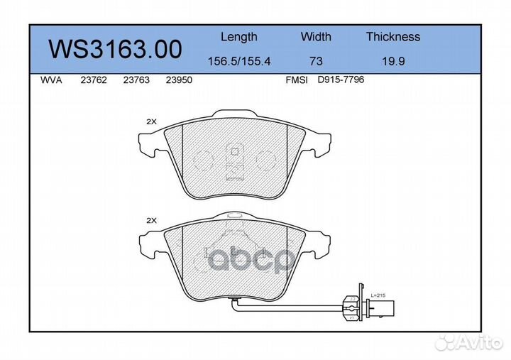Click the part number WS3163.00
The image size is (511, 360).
click(115, 49)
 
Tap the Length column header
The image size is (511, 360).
click(239, 37)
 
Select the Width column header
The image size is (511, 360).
click(316, 36)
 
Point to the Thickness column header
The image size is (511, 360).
click(393, 36)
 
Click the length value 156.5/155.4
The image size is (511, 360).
click(239, 61)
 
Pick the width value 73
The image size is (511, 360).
click(316, 61)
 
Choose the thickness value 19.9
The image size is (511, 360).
click(393, 61)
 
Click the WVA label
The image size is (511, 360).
click(51, 80)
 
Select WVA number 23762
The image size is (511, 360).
click(94, 80)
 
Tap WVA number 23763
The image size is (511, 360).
click(136, 80)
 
